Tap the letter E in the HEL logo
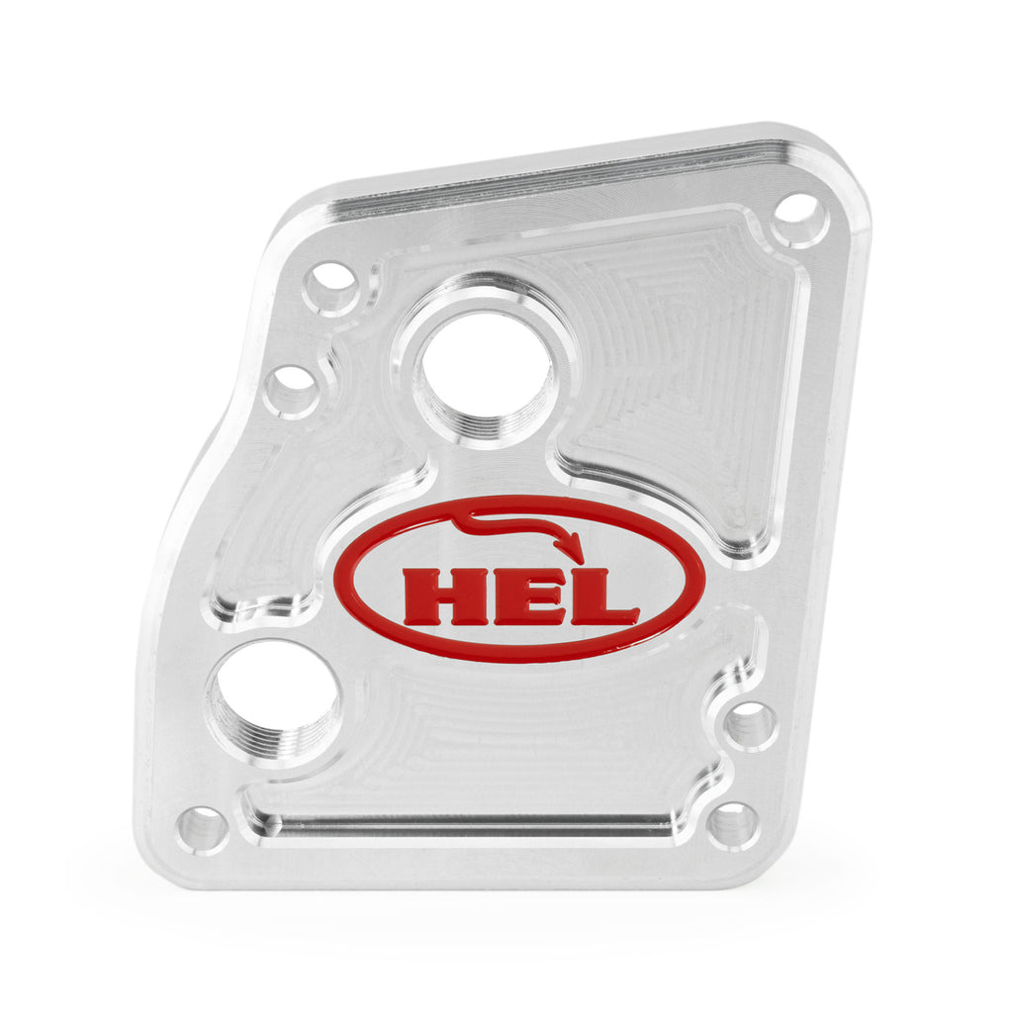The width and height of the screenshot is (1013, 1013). [524, 596]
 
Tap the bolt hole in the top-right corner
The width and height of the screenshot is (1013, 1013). [799, 218]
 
